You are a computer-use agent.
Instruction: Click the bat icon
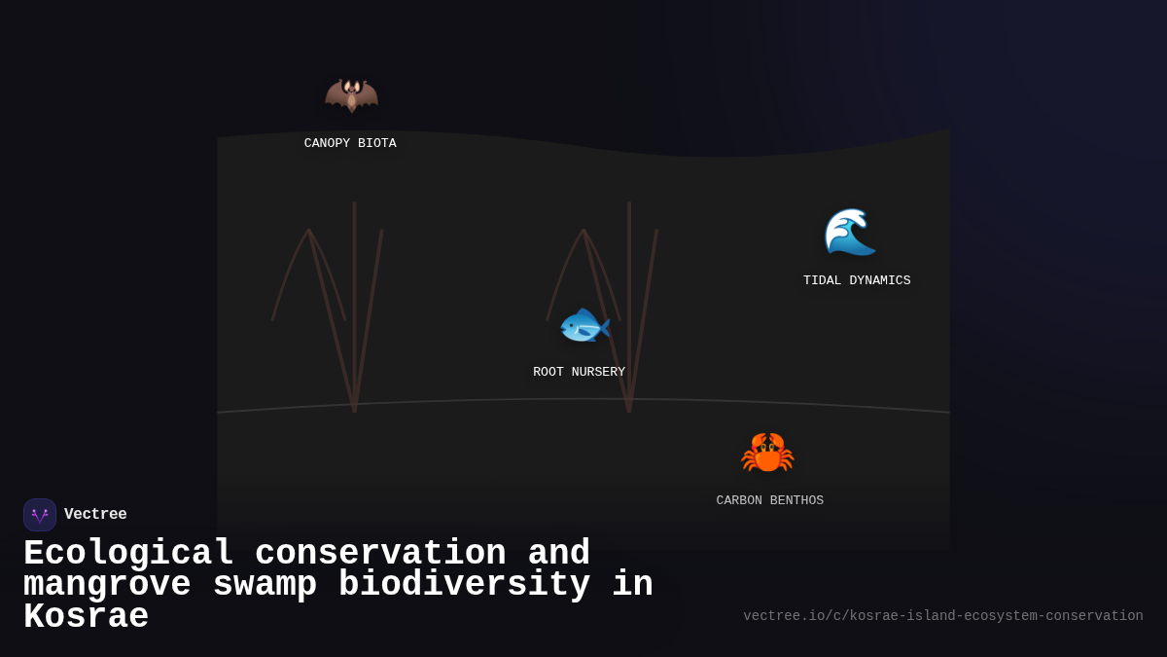[x=351, y=95]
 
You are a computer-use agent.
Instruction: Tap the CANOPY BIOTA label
[x=350, y=144]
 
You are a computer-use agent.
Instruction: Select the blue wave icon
[x=849, y=232]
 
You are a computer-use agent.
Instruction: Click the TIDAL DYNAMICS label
[x=857, y=281]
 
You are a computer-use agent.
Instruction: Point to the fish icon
[x=583, y=326]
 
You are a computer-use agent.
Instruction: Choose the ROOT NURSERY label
[x=579, y=373]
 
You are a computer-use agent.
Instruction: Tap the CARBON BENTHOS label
[x=769, y=501]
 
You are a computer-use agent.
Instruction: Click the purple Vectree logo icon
[x=40, y=515]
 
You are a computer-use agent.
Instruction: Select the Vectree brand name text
[x=95, y=515]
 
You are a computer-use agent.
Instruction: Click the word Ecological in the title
[x=128, y=554]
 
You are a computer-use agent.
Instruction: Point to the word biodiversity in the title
[x=464, y=585]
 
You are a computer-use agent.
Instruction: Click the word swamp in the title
[x=265, y=585]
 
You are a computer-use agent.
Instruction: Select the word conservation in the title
[x=380, y=554]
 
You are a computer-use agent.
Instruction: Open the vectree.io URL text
[x=942, y=616]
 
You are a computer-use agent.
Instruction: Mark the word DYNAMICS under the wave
[x=880, y=281]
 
